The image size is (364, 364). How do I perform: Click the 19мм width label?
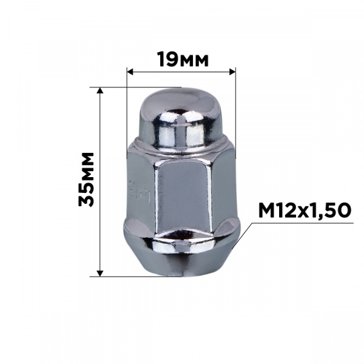click(x=183, y=59)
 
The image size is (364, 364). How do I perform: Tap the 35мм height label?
click(x=86, y=179)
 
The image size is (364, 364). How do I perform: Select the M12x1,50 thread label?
click(x=305, y=211)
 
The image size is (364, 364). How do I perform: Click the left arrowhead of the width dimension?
click(x=130, y=72)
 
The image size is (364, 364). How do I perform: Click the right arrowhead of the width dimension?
click(x=232, y=72)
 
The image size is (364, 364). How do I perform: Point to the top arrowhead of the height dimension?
click(x=100, y=90)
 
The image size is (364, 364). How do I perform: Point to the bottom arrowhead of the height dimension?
click(x=100, y=274)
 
